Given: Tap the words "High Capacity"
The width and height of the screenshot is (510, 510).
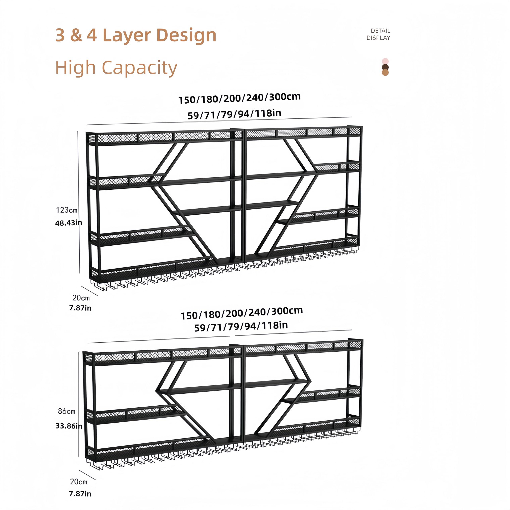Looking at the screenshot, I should point(116,68).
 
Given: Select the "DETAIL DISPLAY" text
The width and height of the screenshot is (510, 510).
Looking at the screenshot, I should point(378,34).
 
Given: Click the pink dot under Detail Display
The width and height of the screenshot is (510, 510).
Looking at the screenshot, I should point(385,61).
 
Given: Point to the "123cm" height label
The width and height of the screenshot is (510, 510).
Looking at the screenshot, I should point(67,210).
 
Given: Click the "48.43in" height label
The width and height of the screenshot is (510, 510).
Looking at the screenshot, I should point(68,223).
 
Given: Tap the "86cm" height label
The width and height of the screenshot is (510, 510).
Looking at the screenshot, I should point(67,411).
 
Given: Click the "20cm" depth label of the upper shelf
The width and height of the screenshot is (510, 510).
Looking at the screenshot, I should point(81,298).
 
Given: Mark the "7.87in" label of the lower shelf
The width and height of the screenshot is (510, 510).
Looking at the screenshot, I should point(80,494).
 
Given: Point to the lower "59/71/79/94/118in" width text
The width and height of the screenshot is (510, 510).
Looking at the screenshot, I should point(241,327).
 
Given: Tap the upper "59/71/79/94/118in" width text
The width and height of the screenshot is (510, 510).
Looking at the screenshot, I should point(234,114).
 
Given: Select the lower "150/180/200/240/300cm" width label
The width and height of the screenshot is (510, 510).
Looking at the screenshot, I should point(241,313).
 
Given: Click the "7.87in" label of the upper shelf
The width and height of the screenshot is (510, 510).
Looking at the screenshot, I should point(80,308).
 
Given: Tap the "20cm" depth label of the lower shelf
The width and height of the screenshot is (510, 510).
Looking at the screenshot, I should point(79,482).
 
